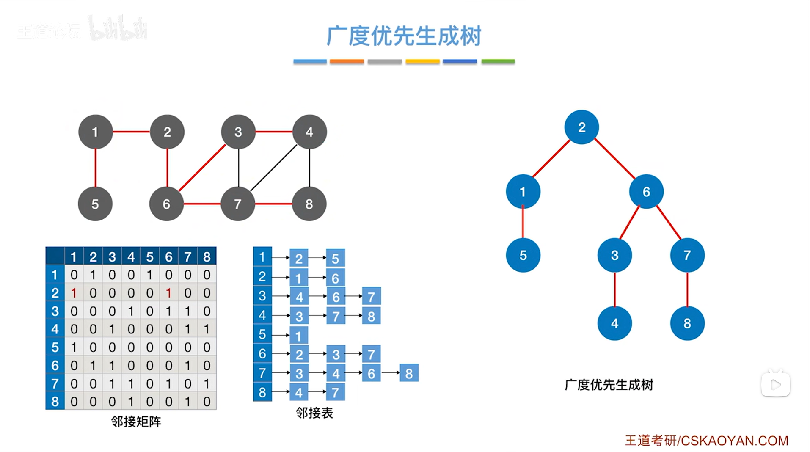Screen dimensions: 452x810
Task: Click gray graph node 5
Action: click(95, 204)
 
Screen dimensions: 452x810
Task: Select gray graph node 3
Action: click(238, 132)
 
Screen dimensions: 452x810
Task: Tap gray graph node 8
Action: click(309, 204)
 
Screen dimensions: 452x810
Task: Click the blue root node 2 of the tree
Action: click(581, 127)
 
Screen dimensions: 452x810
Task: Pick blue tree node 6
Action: click(646, 192)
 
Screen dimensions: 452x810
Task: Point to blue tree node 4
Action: click(614, 324)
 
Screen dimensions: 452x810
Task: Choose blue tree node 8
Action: click(687, 324)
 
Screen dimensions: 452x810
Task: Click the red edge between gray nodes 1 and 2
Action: click(131, 132)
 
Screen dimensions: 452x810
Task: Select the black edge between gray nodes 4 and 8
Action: click(310, 168)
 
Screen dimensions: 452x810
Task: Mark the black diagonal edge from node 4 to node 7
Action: click(274, 168)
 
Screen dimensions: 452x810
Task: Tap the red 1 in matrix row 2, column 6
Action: click(168, 293)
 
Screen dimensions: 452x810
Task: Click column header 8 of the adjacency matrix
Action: click(207, 257)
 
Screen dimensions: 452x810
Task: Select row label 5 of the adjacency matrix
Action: click(55, 347)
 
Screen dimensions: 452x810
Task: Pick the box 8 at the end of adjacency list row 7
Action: click(409, 373)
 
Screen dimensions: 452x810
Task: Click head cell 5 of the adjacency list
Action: click(262, 334)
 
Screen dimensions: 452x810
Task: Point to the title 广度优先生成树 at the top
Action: click(404, 36)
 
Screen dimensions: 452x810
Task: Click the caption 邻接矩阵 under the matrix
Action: click(136, 422)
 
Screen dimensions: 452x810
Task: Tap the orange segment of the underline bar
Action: click(347, 62)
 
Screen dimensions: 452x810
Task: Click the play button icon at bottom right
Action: click(775, 385)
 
